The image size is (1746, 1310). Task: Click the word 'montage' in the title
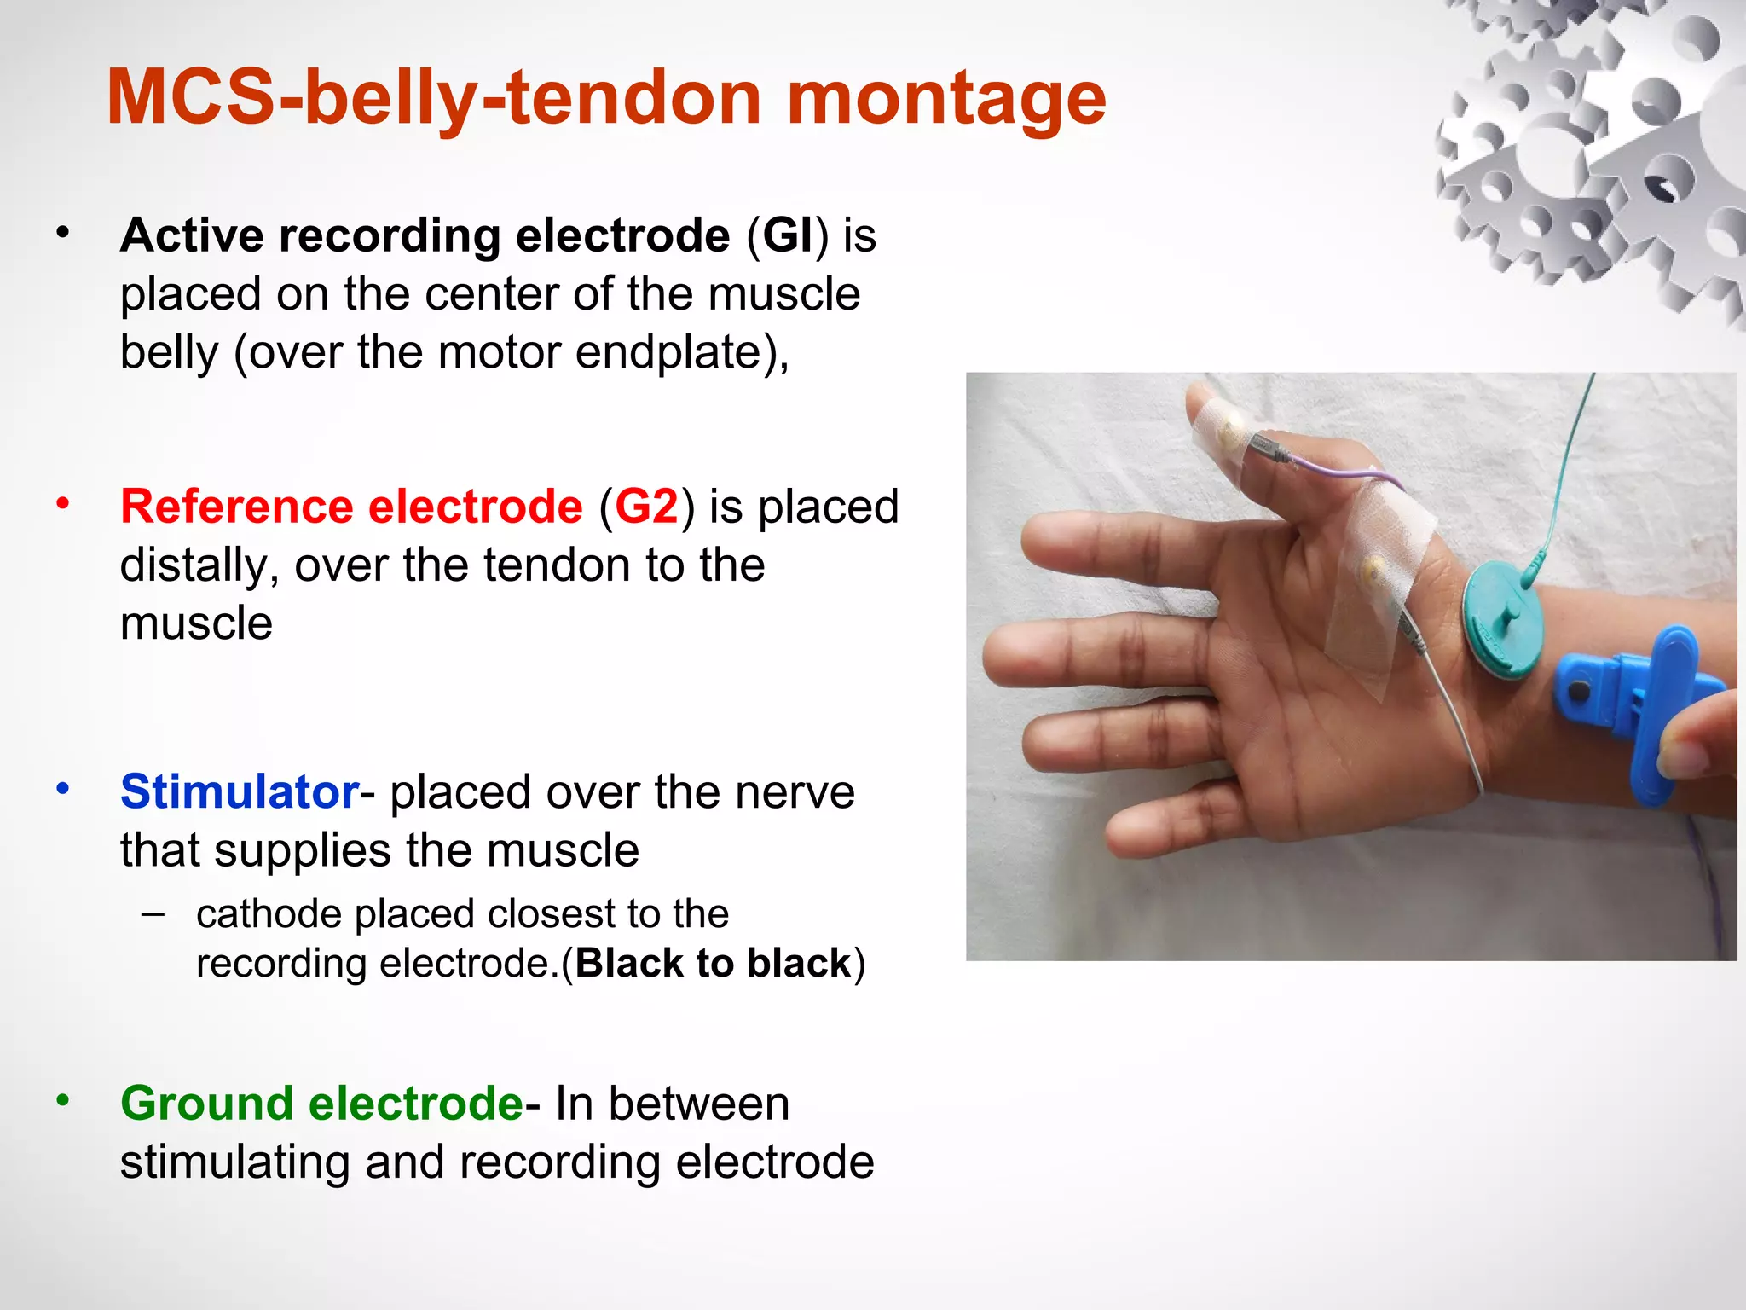pos(945,99)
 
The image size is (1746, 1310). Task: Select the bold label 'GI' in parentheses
pos(788,235)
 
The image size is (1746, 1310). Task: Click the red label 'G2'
pos(647,507)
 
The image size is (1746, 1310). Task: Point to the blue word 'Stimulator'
pos(240,791)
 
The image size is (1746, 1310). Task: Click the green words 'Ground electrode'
pos(321,1104)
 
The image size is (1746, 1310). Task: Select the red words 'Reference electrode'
pos(351,507)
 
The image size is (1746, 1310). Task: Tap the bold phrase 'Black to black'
pos(714,964)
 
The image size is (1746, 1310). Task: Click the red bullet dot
pos(62,503)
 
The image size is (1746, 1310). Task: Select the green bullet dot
pos(62,1100)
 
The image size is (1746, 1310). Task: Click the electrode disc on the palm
pos(1374,568)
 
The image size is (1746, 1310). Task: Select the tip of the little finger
pos(1124,840)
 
